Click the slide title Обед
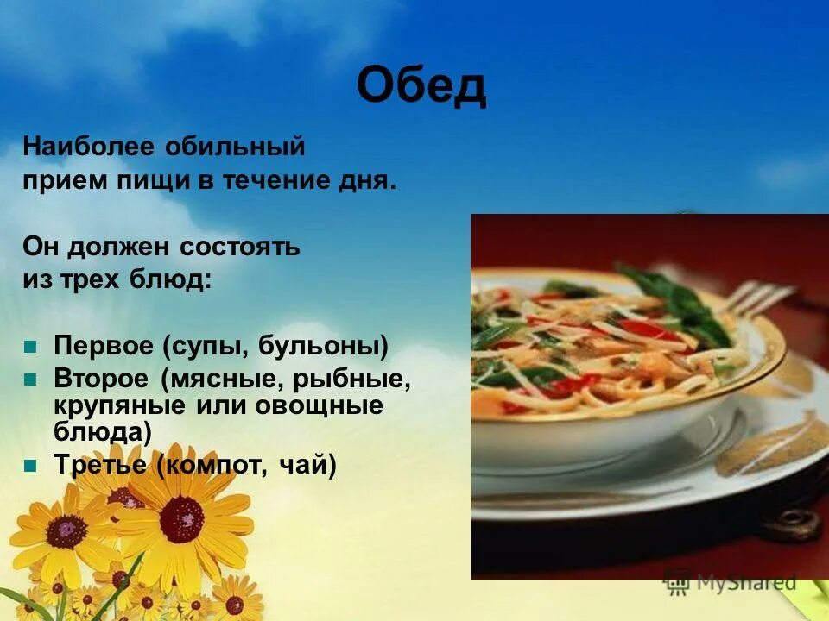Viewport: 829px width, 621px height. tap(421, 86)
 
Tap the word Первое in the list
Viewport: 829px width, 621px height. tap(104, 347)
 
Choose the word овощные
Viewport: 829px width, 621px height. tap(328, 405)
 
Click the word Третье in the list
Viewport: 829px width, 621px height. tap(101, 466)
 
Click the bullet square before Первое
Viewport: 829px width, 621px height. tap(31, 347)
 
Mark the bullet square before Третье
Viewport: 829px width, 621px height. tap(31, 466)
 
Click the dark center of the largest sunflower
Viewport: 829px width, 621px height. tap(182, 518)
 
